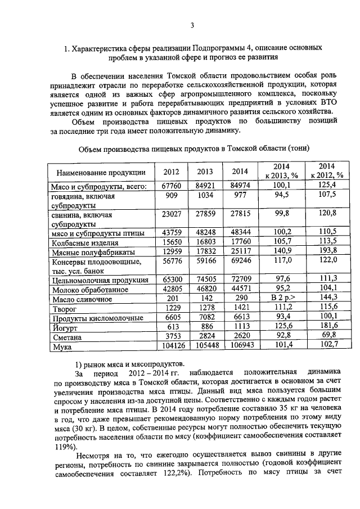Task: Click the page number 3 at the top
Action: pyautogui.click(x=192, y=25)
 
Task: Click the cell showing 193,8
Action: pyautogui.click(x=327, y=252)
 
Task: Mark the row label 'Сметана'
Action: pyautogui.click(x=67, y=337)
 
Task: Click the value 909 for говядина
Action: pyautogui.click(x=173, y=195)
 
